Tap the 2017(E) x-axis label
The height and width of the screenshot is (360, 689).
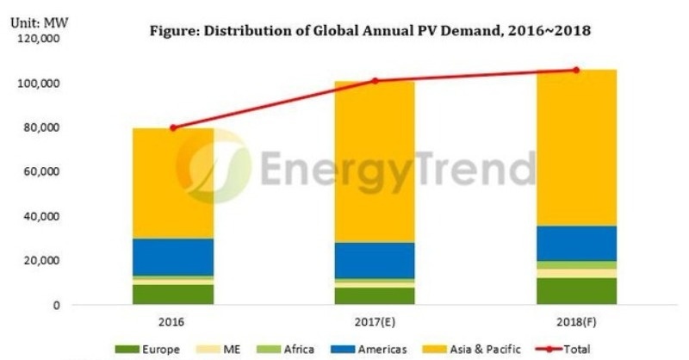[374, 322]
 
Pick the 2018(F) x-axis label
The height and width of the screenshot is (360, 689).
[576, 322]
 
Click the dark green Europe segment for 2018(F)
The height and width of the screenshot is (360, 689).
[576, 291]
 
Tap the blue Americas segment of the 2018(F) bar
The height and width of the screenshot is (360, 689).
[576, 243]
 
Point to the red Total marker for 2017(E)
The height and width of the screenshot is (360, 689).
[375, 81]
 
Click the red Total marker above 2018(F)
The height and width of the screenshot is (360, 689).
[576, 70]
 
